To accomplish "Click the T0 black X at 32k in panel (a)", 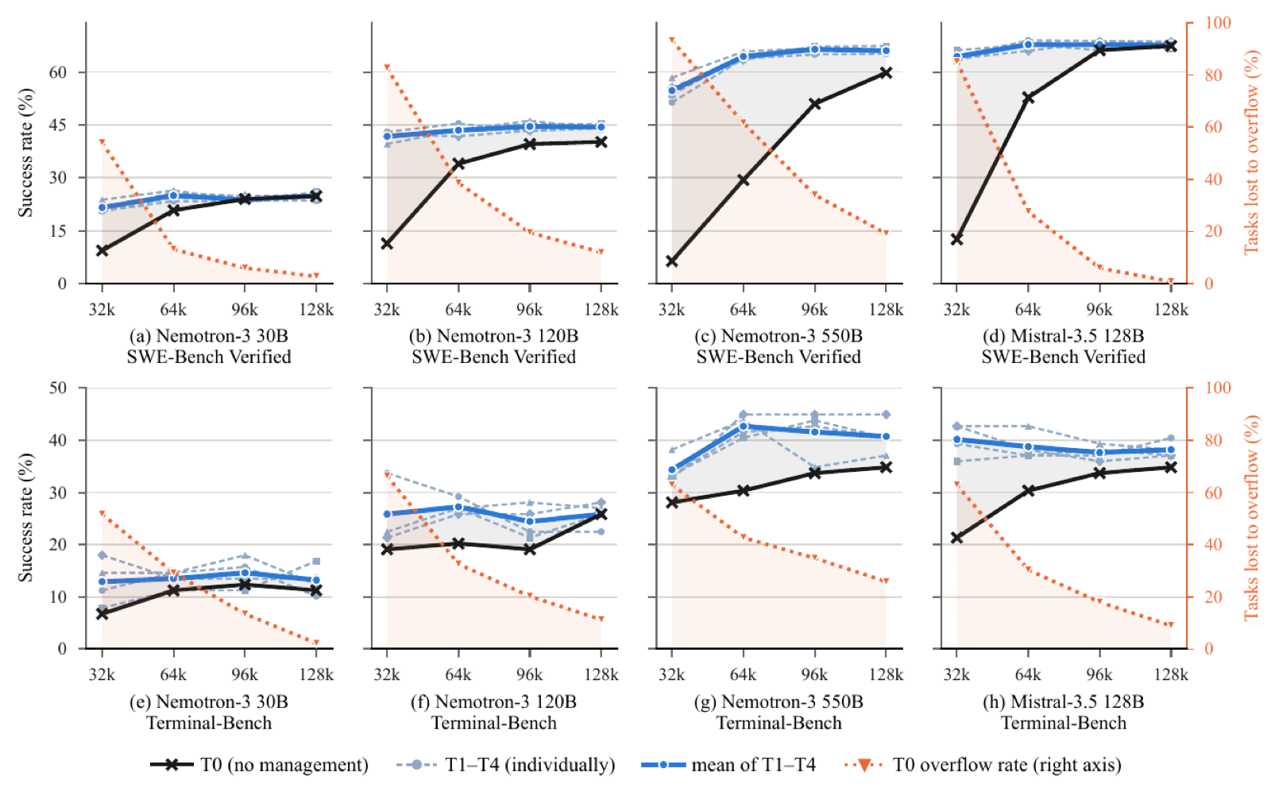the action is click(x=102, y=250).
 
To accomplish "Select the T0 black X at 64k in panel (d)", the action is click(x=1028, y=98).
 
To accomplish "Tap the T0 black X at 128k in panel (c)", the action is click(x=886, y=73).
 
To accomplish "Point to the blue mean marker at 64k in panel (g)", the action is click(x=743, y=426).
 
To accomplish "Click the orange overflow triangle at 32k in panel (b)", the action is click(x=387, y=68).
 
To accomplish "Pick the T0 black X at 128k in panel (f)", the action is click(x=601, y=515).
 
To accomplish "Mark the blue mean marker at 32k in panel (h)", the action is click(x=956, y=439).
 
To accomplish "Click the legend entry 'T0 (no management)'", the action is click(x=259, y=765).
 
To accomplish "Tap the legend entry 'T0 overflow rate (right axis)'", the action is click(x=983, y=765).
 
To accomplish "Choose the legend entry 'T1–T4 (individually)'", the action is click(x=505, y=765).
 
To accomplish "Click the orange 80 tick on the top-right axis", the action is click(x=1206, y=75).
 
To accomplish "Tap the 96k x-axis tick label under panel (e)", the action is click(x=245, y=674).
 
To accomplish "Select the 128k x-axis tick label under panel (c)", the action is click(x=887, y=309).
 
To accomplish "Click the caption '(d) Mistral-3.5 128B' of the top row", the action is click(x=1064, y=336).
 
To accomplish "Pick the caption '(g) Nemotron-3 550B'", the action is click(x=778, y=701).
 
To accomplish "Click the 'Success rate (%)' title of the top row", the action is click(x=25, y=153).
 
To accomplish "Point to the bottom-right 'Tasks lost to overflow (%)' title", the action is click(x=1250, y=518).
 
